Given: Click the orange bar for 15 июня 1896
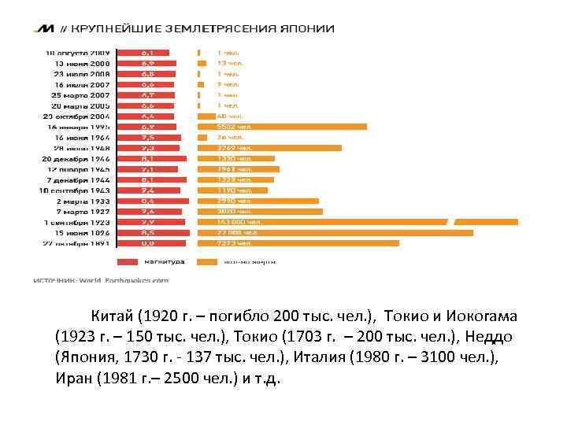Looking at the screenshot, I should coord(335,233).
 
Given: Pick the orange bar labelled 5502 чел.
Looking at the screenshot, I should coord(281,126).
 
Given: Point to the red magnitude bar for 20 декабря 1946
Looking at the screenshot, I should coord(151,158).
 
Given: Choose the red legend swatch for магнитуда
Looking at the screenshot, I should coord(128,262).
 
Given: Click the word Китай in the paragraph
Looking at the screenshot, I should coord(111,316).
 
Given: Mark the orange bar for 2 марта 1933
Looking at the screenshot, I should coord(258,201).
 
